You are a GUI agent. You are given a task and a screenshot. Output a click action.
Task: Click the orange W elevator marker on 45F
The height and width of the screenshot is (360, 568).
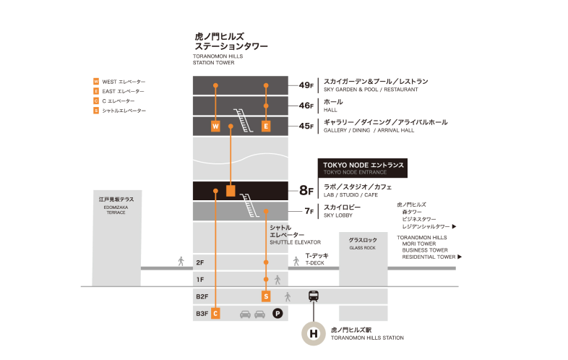click(215, 127)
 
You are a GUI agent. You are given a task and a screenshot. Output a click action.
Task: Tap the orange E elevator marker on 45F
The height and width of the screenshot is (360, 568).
click(266, 127)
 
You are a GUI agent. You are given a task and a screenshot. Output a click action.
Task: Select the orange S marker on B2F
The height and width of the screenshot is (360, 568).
click(266, 296)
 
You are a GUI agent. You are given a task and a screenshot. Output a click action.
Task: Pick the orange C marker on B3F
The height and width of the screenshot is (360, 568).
click(215, 313)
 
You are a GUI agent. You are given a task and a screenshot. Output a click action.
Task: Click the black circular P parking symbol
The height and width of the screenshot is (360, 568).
click(277, 313)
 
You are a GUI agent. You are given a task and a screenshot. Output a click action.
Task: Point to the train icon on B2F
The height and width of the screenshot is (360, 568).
click(314, 296)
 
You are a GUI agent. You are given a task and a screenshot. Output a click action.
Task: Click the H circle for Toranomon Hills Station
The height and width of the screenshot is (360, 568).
click(314, 333)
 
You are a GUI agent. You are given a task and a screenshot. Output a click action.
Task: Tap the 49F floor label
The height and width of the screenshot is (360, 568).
click(306, 85)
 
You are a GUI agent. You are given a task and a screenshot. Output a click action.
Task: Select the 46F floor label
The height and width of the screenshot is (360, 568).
click(306, 106)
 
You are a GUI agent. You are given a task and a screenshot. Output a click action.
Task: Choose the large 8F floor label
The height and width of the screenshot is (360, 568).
click(306, 190)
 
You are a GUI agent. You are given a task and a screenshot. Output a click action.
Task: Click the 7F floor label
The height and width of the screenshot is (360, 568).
click(309, 211)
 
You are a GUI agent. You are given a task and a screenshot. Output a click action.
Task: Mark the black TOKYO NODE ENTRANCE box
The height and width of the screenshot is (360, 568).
click(363, 168)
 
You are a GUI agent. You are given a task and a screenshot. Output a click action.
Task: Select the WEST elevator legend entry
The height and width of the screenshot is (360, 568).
click(119, 82)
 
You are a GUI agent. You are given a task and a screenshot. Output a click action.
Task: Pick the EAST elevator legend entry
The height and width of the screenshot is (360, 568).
click(119, 91)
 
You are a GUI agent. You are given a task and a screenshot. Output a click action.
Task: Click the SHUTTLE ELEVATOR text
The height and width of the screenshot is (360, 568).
click(296, 242)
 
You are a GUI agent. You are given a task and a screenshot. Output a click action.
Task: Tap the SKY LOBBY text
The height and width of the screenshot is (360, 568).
click(338, 215)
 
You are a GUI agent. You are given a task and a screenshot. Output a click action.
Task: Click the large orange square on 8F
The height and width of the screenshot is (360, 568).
click(231, 191)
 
